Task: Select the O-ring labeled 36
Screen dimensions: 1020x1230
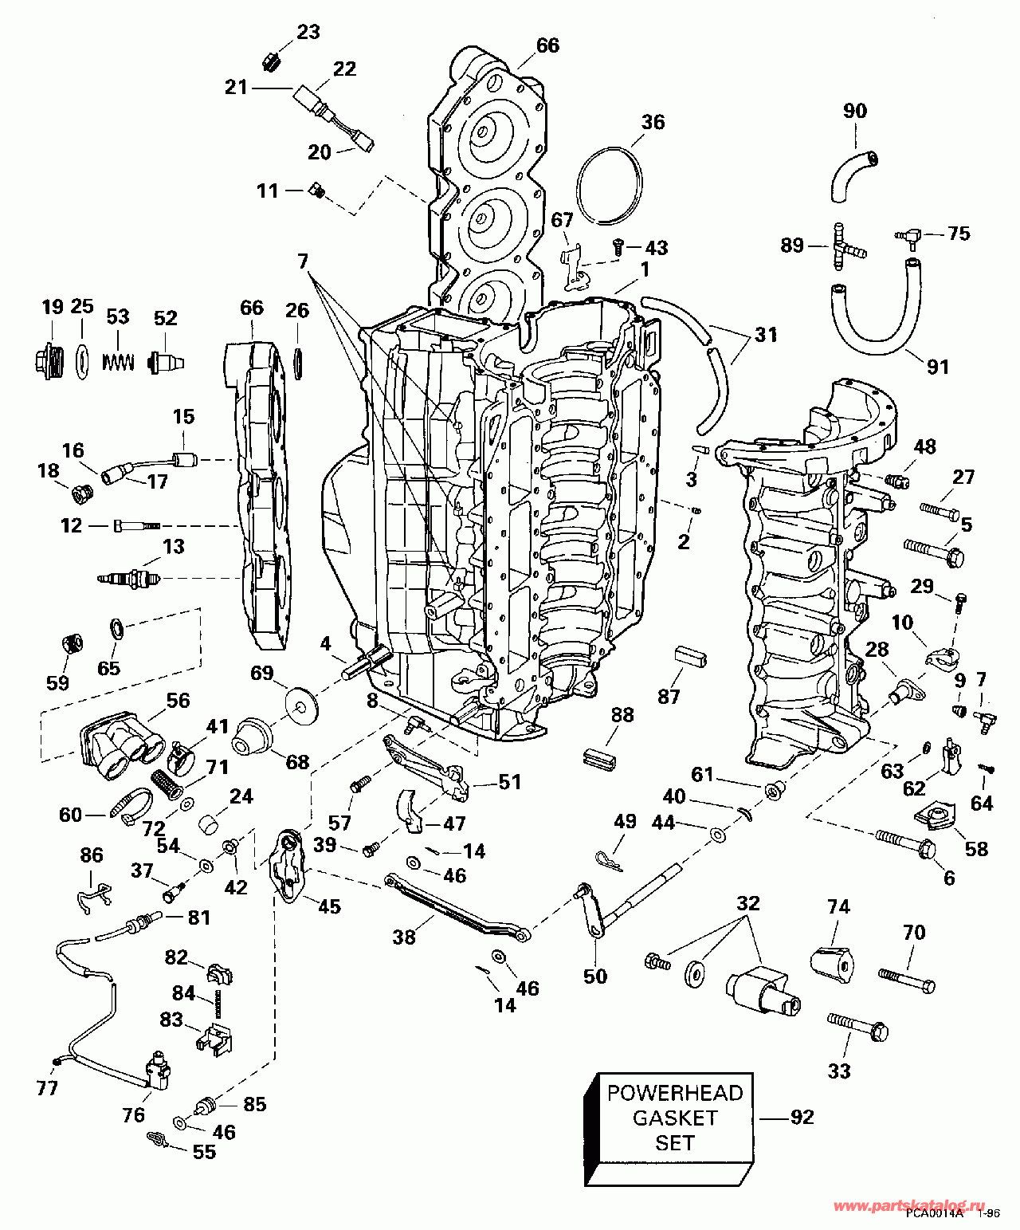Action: (610, 186)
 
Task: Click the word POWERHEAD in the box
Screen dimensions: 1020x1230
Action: (675, 1094)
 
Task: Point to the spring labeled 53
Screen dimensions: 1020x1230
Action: (119, 361)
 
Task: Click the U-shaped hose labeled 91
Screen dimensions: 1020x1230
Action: (876, 306)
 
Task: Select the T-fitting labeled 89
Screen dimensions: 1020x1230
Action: (846, 246)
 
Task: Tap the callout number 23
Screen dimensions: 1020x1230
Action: (308, 32)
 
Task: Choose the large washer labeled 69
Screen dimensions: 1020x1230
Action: (301, 703)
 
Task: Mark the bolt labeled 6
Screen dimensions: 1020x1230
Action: (906, 843)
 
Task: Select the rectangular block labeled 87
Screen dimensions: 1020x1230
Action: (689, 657)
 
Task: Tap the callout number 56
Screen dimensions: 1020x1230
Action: (178, 701)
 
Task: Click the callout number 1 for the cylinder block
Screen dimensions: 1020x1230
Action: (645, 269)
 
